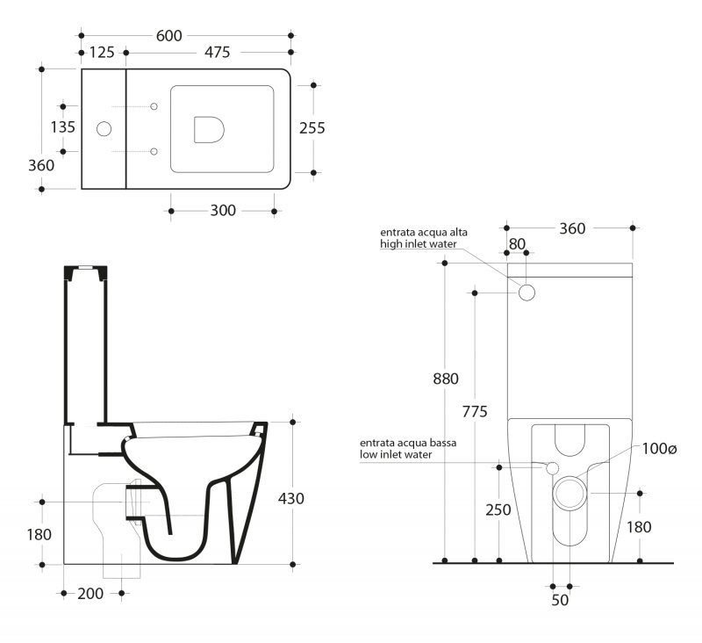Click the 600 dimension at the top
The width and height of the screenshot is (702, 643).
click(168, 36)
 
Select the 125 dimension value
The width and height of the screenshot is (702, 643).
click(102, 53)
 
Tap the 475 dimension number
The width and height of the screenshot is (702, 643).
click(217, 53)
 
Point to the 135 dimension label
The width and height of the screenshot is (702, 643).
click(62, 127)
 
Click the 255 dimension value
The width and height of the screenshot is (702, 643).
click(312, 128)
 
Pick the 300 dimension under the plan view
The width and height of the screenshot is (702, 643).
click(223, 211)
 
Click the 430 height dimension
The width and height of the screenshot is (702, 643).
click(291, 498)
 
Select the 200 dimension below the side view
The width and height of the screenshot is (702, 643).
click(90, 594)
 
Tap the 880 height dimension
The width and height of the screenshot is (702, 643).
click(446, 379)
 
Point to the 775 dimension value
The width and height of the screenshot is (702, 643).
click(475, 411)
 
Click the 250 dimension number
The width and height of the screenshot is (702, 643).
click(498, 509)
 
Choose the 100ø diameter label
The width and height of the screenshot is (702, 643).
click(659, 449)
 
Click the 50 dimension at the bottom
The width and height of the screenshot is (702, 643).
click(560, 600)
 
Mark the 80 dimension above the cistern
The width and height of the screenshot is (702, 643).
click(517, 244)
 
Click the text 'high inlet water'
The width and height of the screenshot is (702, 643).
click(419, 244)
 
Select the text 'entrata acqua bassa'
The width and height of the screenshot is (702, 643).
click(408, 443)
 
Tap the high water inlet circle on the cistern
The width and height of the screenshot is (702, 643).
click(527, 293)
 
